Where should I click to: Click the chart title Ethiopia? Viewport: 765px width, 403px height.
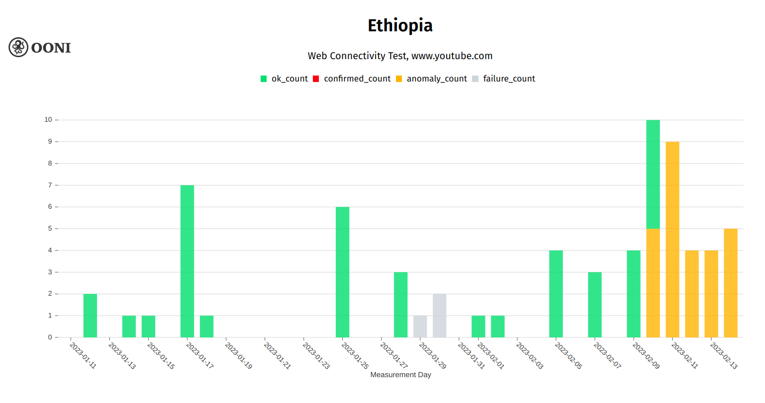pyautogui.click(x=400, y=25)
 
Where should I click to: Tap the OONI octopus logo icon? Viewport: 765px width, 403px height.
pyautogui.click(x=18, y=47)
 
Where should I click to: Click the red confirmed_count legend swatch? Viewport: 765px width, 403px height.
pyautogui.click(x=316, y=79)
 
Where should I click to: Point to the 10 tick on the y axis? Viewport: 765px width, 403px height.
pyautogui.click(x=48, y=120)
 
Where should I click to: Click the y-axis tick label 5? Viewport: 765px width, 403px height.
pyautogui.click(x=50, y=229)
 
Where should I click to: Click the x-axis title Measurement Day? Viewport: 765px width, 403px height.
pyautogui.click(x=400, y=375)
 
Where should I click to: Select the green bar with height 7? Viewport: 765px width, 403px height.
pyautogui.click(x=187, y=261)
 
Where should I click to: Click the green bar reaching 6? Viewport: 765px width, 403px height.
pyautogui.click(x=342, y=272)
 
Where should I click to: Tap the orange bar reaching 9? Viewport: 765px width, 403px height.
pyautogui.click(x=672, y=240)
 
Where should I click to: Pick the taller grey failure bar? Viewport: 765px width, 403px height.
pyautogui.click(x=439, y=316)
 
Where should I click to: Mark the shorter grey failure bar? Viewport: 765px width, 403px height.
pyautogui.click(x=420, y=326)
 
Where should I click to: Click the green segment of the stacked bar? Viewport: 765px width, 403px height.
pyautogui.click(x=653, y=174)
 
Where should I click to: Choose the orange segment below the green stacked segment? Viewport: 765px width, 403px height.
pyautogui.click(x=653, y=283)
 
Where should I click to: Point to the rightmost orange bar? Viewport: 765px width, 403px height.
pyautogui.click(x=730, y=283)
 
